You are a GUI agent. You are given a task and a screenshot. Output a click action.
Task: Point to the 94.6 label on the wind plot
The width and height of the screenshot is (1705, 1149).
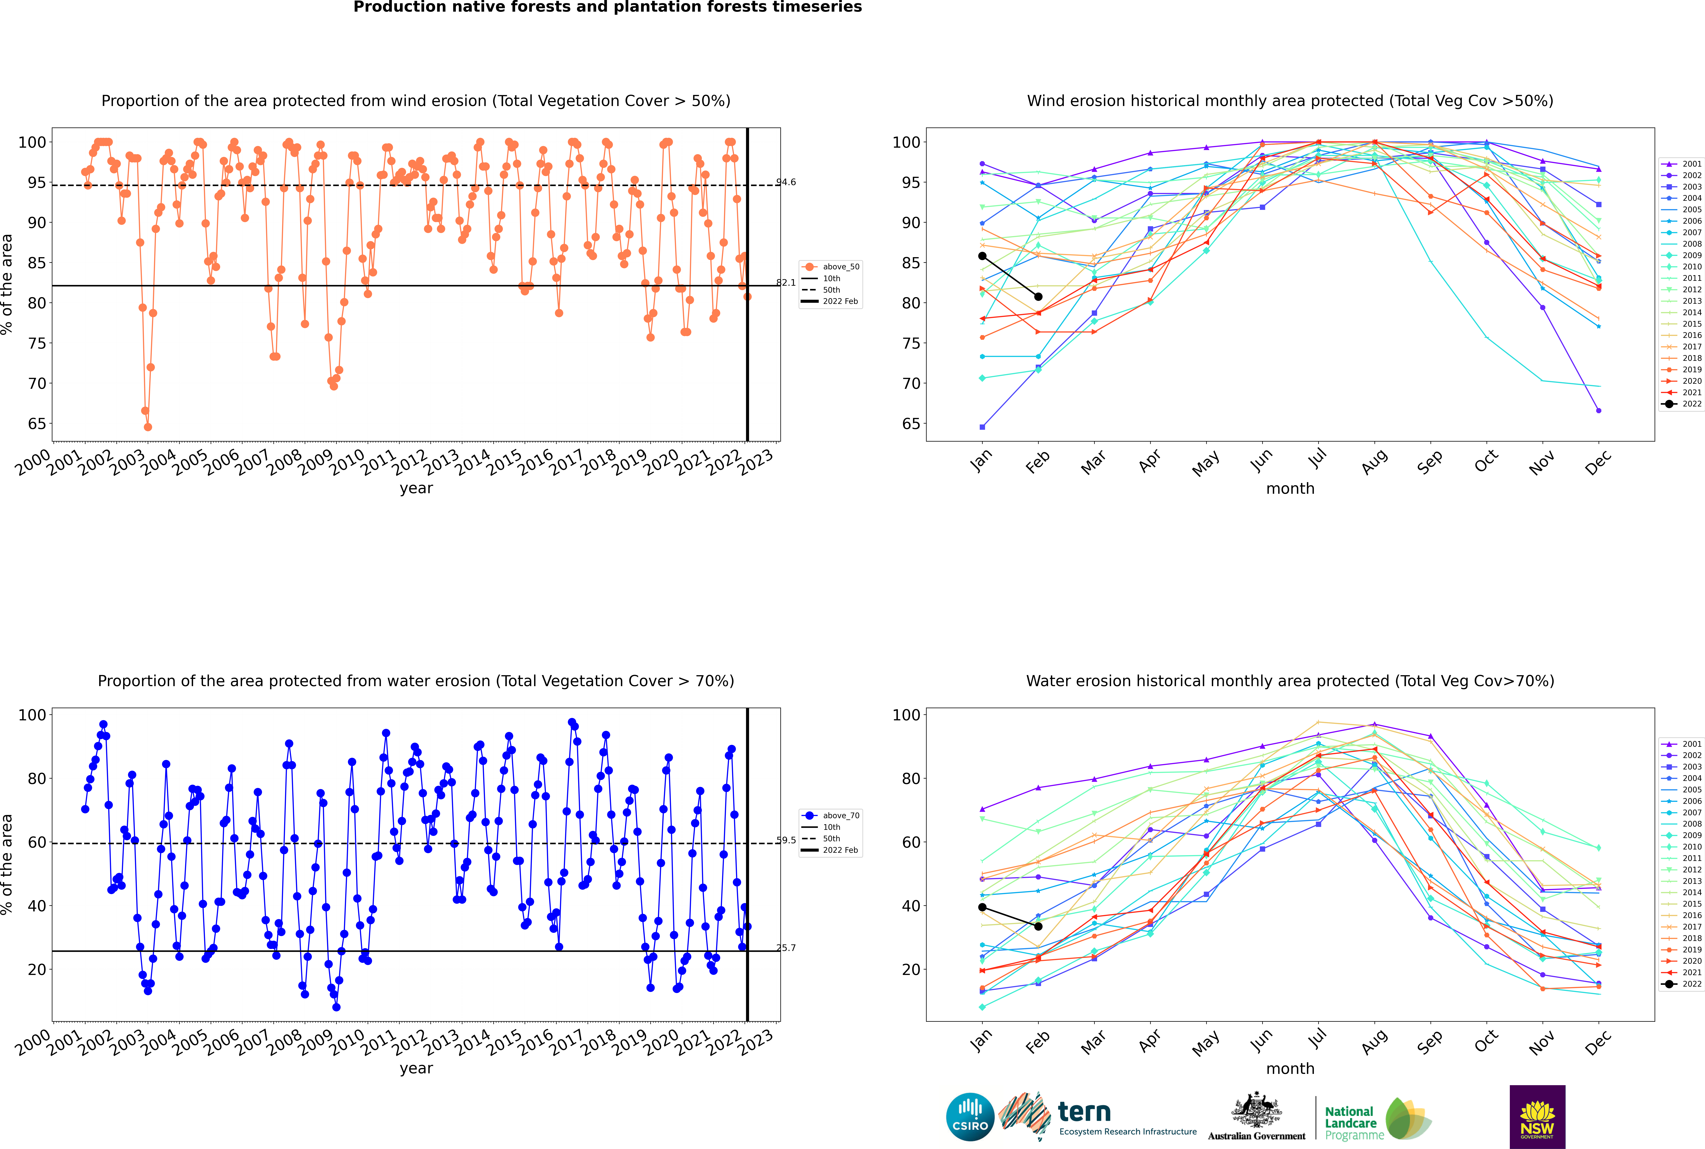786,182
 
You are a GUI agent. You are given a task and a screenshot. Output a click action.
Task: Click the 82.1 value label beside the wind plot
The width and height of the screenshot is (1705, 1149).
786,283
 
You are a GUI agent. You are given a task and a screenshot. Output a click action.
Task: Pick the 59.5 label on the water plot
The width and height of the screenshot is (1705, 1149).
786,841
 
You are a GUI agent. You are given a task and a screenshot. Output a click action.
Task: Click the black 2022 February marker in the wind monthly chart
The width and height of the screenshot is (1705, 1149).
1038,297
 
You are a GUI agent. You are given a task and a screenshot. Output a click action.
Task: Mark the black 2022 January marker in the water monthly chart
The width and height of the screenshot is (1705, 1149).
982,907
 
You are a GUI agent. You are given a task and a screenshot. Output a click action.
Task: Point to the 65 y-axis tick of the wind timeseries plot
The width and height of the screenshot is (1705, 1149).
37,424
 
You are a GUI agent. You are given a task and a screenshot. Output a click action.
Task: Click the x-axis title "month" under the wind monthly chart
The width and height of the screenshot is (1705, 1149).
1290,489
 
